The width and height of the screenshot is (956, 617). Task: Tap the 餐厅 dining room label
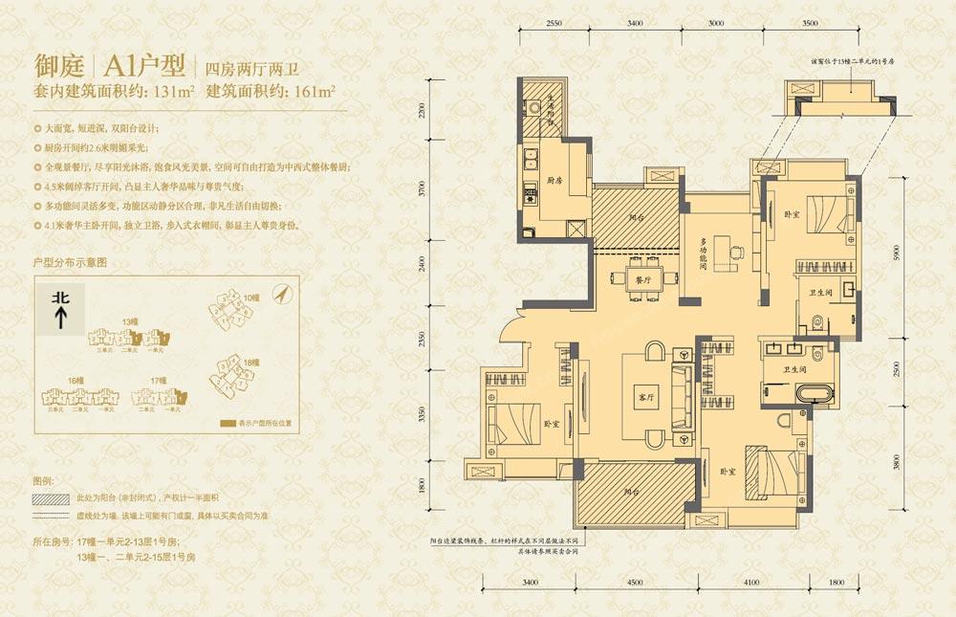[642, 280]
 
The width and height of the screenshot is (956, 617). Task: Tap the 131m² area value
[172, 94]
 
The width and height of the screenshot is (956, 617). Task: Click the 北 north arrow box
[60, 309]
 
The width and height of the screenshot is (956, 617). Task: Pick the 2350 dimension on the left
[418, 341]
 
